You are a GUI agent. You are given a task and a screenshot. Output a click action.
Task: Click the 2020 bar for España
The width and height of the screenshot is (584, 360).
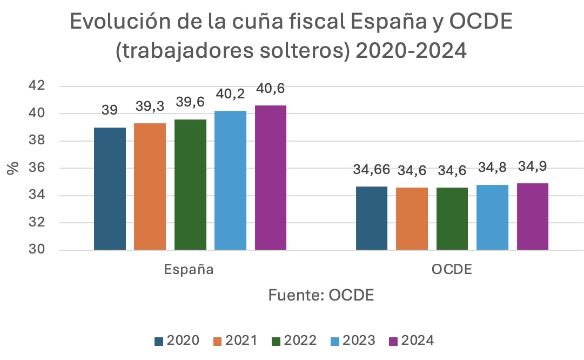click(x=110, y=189)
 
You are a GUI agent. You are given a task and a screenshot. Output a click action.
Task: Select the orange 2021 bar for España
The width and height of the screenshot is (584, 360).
click(x=150, y=186)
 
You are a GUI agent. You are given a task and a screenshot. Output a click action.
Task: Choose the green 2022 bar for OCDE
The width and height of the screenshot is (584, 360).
click(x=452, y=219)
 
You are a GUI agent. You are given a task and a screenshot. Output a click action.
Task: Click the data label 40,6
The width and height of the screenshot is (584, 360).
click(x=271, y=88)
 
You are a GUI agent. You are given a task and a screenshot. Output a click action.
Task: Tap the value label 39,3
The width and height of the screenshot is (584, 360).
click(x=150, y=106)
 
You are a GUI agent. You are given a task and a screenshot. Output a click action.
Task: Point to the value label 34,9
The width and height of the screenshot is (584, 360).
click(x=533, y=166)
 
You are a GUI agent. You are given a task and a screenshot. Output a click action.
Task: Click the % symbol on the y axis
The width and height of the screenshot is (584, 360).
click(x=13, y=168)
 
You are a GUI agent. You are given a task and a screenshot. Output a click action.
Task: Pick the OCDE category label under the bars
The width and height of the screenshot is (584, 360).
click(x=452, y=270)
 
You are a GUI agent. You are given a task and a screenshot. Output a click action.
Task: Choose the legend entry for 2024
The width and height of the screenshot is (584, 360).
click(x=411, y=341)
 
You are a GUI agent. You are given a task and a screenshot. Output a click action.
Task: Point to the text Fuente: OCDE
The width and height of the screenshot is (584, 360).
click(x=321, y=296)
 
